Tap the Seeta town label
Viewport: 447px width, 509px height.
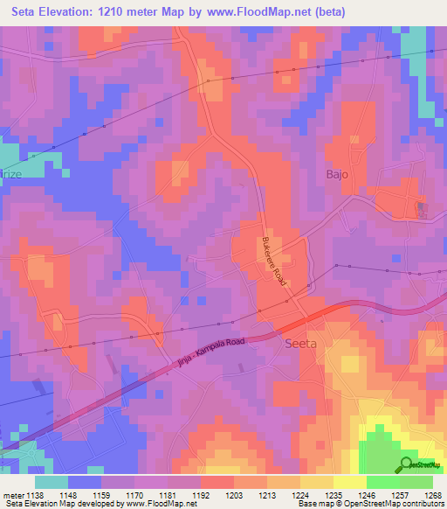pyautogui.click(x=302, y=344)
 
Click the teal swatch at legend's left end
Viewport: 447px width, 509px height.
pyautogui.click(x=52, y=482)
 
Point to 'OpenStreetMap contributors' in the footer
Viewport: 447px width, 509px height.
pyautogui.click(x=393, y=504)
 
